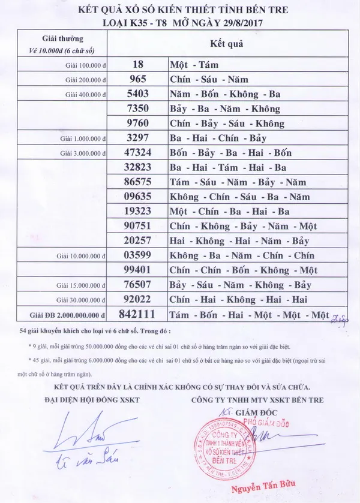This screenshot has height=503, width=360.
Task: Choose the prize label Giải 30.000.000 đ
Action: click(83, 298)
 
